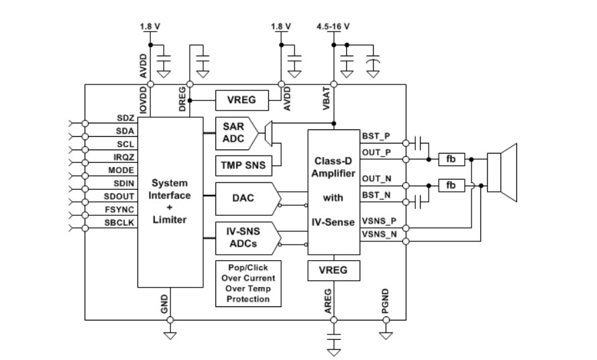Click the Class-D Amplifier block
click(333, 192)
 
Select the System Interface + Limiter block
click(170, 201)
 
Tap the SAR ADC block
click(232, 133)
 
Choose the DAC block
click(243, 199)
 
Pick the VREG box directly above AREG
click(333, 271)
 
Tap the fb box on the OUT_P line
click(451, 160)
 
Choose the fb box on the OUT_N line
click(451, 185)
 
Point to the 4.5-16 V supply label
click(333, 27)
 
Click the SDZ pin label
click(125, 117)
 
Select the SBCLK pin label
click(120, 221)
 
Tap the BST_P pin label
click(374, 136)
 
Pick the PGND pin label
click(385, 299)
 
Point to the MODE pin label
click(121, 170)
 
